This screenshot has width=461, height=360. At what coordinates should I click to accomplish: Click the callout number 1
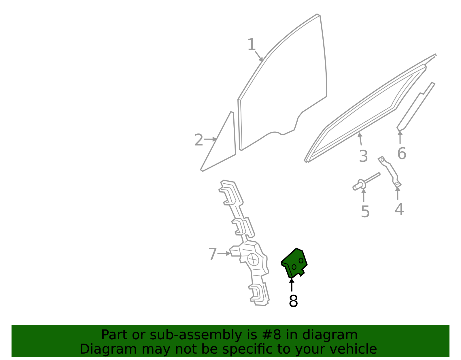pyautogui.click(x=252, y=45)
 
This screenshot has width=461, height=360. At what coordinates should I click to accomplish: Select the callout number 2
pyautogui.click(x=199, y=140)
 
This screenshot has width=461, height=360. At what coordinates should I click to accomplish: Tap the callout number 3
pyautogui.click(x=363, y=156)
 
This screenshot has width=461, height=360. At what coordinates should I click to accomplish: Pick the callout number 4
pyautogui.click(x=399, y=209)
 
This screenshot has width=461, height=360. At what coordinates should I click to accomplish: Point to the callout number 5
pyautogui.click(x=365, y=212)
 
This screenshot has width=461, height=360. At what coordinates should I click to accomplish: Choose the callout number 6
pyautogui.click(x=402, y=154)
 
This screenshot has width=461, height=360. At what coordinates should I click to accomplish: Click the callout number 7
pyautogui.click(x=212, y=254)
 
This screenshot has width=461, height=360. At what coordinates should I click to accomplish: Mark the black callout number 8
pyautogui.click(x=293, y=301)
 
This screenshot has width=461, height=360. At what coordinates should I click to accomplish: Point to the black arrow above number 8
pyautogui.click(x=292, y=285)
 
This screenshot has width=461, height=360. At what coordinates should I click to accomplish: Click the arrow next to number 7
pyautogui.click(x=224, y=254)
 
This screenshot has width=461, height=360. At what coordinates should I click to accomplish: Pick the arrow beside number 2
pyautogui.click(x=210, y=140)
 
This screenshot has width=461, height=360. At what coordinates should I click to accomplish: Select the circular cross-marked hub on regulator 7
pyautogui.click(x=253, y=259)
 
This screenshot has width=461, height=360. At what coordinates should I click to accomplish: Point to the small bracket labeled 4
pyautogui.click(x=390, y=172)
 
